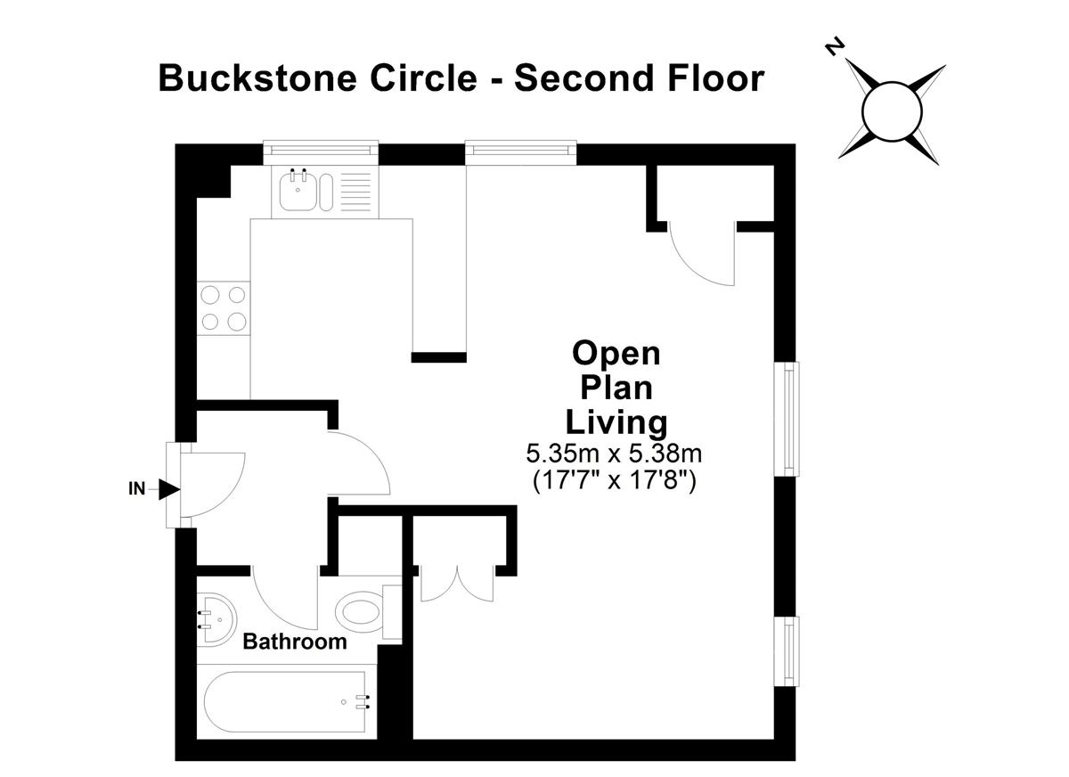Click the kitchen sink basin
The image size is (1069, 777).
[x=298, y=192]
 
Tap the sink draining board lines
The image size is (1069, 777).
[x=356, y=192]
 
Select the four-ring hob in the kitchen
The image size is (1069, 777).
[x=224, y=308]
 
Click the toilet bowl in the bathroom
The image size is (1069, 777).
[x=359, y=613]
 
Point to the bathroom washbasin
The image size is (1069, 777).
[x=216, y=620]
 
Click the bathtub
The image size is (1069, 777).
[x=285, y=701]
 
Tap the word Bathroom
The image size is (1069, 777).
[x=295, y=642]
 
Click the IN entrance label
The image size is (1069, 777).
[x=136, y=488]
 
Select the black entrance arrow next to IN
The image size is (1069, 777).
[x=168, y=489]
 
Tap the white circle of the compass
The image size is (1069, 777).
[x=892, y=111]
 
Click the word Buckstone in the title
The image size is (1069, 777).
[x=257, y=78]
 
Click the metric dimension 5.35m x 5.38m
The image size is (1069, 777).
[x=614, y=454]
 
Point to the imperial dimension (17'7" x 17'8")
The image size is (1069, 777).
[x=614, y=480]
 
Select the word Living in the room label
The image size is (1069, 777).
[x=616, y=423]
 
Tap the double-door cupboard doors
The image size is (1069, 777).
[x=457, y=584]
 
